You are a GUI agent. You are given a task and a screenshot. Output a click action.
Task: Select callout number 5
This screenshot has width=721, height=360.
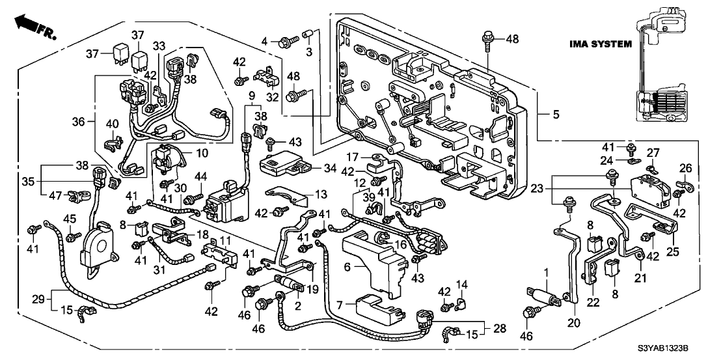point(555,115)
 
